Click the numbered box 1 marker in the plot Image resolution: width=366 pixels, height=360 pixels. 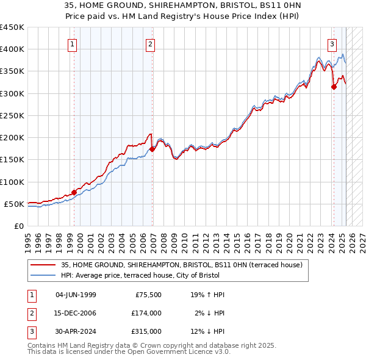[x=73, y=44]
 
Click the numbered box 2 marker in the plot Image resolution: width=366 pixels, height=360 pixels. [x=150, y=44]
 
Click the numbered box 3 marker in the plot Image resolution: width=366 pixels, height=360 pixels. [x=332, y=44]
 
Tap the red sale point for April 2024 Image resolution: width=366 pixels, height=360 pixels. [x=334, y=87]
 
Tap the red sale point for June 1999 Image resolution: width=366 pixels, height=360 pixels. [x=74, y=193]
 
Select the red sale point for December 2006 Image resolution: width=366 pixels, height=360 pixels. [x=152, y=149]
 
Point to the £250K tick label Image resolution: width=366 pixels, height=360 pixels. [x=12, y=115]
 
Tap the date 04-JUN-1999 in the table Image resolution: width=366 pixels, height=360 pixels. [x=76, y=295]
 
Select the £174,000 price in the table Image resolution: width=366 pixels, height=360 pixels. [x=146, y=313]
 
